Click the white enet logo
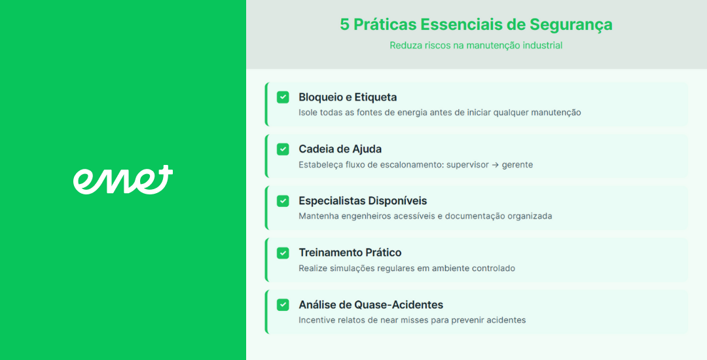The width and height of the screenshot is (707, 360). [122, 180]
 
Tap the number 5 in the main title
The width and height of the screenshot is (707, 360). [344, 25]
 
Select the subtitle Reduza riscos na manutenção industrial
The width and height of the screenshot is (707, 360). [476, 46]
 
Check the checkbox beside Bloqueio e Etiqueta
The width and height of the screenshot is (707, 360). [283, 98]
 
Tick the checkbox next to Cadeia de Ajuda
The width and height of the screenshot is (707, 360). [283, 149]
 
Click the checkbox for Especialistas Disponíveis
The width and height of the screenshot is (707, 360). [283, 201]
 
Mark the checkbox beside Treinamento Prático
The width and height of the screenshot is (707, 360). [283, 253]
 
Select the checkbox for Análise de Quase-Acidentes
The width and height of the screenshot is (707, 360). [283, 305]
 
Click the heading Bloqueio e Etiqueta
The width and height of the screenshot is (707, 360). [348, 98]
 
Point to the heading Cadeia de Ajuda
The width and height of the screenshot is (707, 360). [340, 149]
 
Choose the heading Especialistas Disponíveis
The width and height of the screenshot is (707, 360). [363, 201]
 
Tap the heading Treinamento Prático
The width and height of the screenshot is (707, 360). [350, 253]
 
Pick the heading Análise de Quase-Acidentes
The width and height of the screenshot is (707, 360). [371, 305]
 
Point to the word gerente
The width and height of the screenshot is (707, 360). [518, 166]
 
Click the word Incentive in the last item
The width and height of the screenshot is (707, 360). [315, 320]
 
